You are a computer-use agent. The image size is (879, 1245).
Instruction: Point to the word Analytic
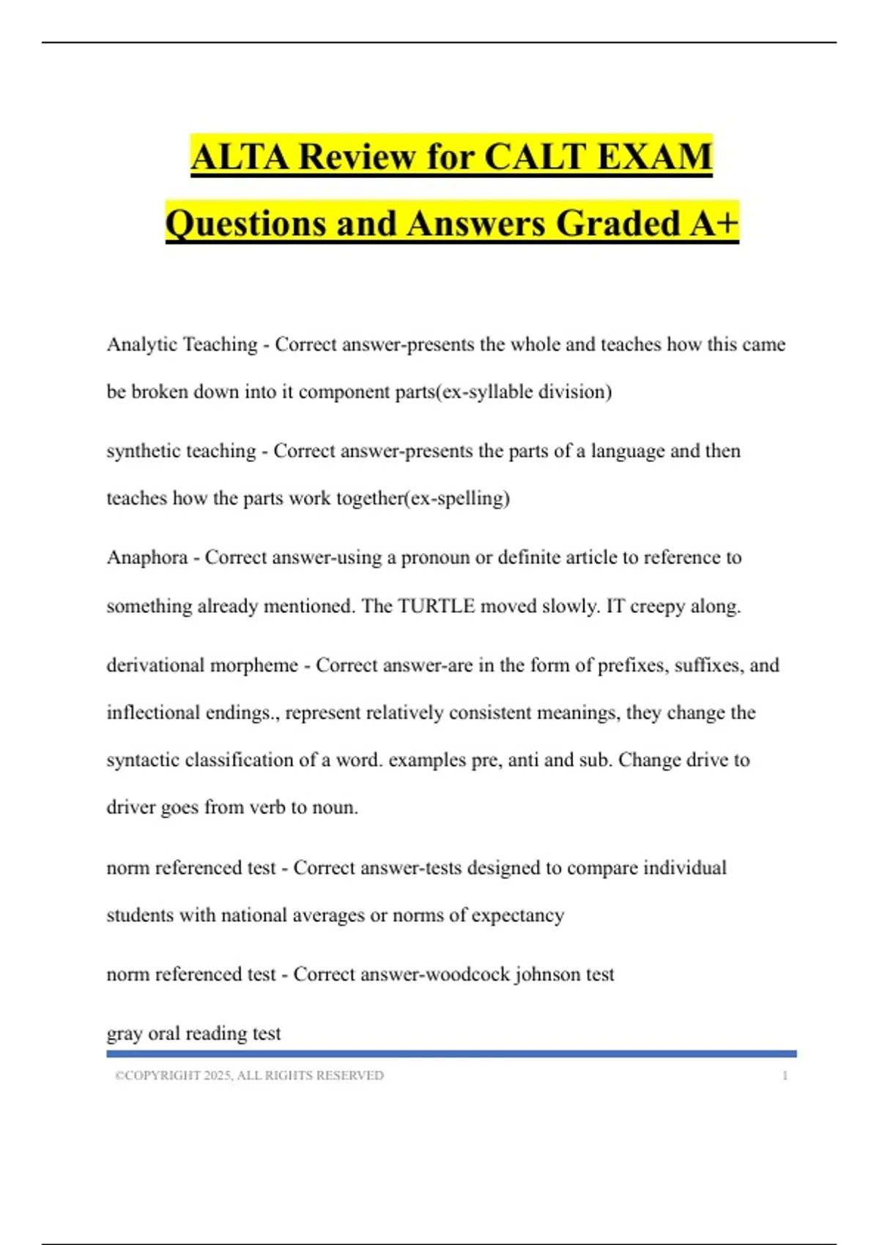point(142,344)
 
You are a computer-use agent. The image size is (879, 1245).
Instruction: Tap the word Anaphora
point(147,558)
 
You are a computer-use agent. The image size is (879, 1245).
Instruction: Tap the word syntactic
point(144,760)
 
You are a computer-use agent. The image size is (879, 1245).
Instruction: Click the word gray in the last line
point(125,1034)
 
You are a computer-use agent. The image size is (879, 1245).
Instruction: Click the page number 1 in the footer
point(785,1076)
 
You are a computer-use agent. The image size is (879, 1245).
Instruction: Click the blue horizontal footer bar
point(451,1054)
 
